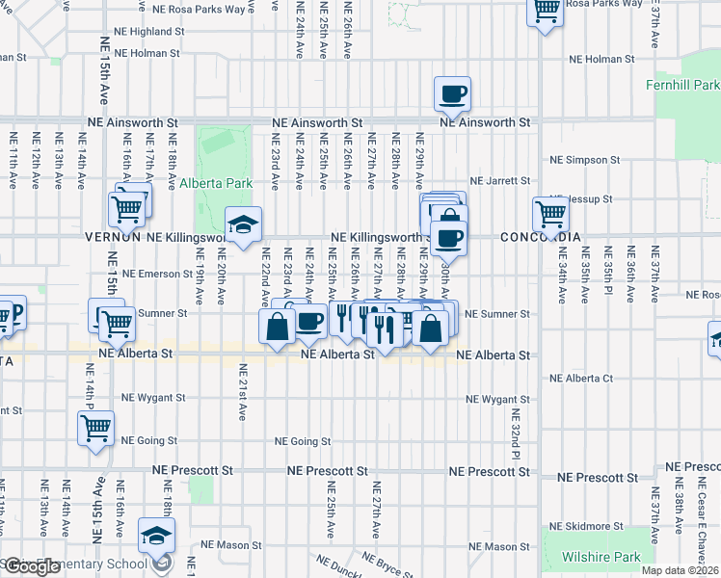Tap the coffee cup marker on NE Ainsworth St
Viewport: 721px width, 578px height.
click(452, 94)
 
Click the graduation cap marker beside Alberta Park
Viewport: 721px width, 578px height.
click(244, 224)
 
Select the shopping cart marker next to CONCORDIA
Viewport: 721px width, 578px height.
click(550, 214)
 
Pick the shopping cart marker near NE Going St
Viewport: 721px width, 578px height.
click(95, 429)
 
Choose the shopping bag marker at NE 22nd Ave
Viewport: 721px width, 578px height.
click(277, 326)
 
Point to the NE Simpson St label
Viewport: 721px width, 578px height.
click(581, 160)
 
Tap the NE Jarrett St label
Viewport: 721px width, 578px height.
click(500, 181)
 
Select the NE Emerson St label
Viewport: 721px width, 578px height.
click(159, 274)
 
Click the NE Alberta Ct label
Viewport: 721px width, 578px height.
click(578, 379)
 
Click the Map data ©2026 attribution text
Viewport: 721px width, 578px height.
click(680, 570)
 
